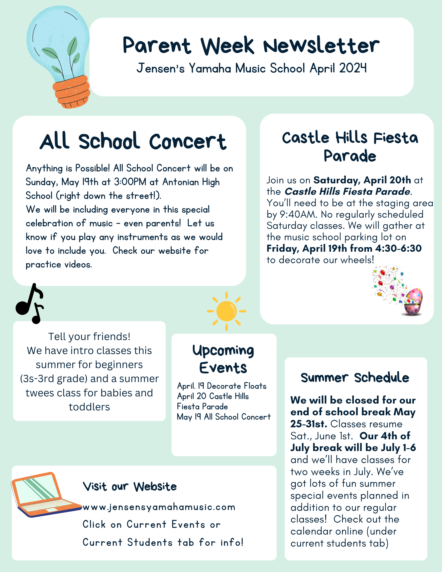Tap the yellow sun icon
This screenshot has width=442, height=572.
click(x=227, y=311)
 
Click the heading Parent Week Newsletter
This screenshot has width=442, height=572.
click(x=251, y=46)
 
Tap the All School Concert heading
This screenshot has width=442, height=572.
click(x=133, y=141)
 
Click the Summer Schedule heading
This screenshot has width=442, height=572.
click(x=355, y=378)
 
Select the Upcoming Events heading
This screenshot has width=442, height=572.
click(x=223, y=359)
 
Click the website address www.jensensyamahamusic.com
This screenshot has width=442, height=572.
click(x=159, y=507)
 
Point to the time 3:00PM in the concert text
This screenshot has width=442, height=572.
click(x=130, y=182)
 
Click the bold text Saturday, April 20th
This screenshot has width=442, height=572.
click(x=362, y=180)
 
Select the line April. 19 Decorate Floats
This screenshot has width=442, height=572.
click(x=222, y=386)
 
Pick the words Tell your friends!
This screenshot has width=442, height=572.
click(x=89, y=337)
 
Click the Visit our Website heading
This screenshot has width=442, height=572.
click(x=130, y=486)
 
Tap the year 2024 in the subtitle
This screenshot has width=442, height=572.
click(x=353, y=68)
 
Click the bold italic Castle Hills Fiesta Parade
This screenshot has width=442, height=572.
click(x=347, y=191)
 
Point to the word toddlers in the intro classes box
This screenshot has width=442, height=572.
click(x=89, y=407)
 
